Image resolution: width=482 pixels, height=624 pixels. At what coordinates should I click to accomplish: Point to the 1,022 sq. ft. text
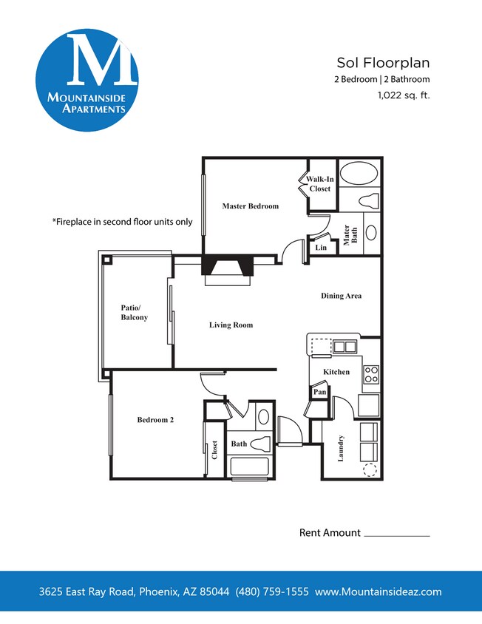[x=403, y=95]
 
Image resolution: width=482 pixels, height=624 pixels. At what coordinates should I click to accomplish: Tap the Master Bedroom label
[x=251, y=206]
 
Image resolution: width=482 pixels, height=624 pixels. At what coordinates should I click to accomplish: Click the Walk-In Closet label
[x=320, y=184]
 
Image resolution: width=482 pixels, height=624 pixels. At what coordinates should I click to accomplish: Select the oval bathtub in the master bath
[x=359, y=174]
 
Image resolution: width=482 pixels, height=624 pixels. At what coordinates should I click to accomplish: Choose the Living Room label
[x=231, y=325]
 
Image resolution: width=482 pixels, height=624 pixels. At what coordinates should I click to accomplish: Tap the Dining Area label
[x=341, y=296]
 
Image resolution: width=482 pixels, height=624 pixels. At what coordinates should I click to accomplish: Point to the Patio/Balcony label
[x=135, y=313]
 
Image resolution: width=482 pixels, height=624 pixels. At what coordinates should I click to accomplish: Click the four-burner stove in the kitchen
[x=370, y=374]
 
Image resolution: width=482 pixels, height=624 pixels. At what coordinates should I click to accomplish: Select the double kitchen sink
[x=344, y=346]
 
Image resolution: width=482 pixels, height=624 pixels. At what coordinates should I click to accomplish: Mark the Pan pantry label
[x=319, y=392]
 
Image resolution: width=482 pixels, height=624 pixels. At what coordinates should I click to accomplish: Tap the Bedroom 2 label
[x=155, y=420]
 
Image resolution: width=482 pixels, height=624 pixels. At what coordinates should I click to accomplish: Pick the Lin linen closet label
[x=320, y=248]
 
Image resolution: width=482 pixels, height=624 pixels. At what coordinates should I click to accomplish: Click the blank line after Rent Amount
[x=397, y=534]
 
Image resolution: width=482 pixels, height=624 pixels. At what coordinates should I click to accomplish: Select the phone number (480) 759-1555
[x=272, y=592]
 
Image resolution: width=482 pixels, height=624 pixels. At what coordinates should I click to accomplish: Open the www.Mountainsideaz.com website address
[x=378, y=592]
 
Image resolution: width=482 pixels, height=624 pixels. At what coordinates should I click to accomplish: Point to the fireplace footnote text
[x=122, y=221]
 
